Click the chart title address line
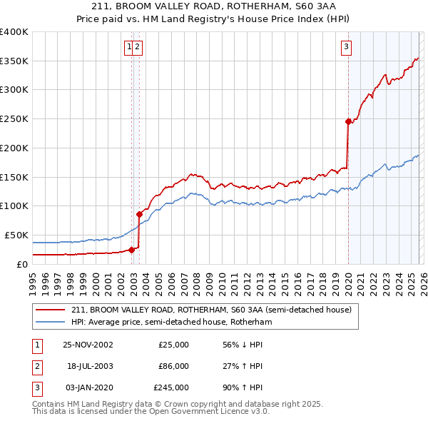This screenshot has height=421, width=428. tap(214, 7)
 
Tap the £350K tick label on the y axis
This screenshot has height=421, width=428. tap(14, 61)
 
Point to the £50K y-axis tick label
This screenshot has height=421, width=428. tap(16, 235)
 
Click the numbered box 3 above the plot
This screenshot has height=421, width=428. tap(346, 48)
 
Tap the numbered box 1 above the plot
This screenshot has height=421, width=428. tap(130, 48)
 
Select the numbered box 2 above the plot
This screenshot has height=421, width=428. tap(138, 48)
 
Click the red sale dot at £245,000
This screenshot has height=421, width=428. tap(348, 121)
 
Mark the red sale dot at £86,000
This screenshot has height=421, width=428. tap(139, 213)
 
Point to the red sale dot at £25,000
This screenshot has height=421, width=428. tap(131, 249)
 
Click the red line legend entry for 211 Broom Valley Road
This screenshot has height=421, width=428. tap(211, 310)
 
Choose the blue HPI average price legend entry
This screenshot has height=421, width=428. tap(171, 323)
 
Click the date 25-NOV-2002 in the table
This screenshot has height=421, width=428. tap(88, 344)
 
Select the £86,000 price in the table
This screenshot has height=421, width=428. tap(173, 366)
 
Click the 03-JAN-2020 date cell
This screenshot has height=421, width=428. tap(88, 388)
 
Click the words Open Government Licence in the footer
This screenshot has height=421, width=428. tap(208, 412)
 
